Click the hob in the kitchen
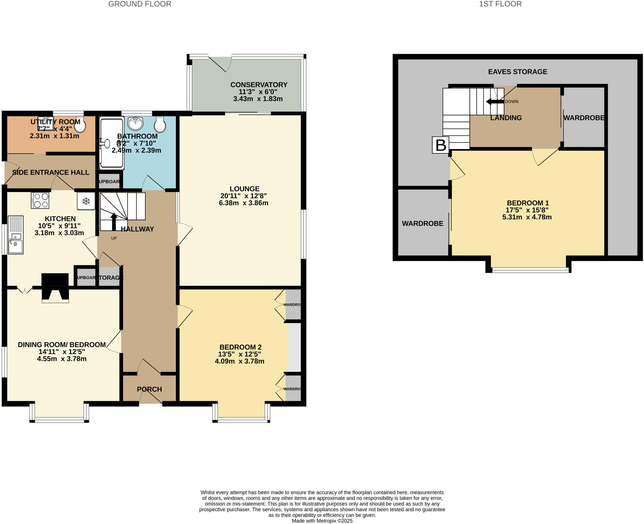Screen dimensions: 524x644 [40, 200]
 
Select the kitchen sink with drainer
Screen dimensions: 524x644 [15, 234]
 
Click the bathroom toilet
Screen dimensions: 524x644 [160, 125]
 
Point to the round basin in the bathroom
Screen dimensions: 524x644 [136, 123]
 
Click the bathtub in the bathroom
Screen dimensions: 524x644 [111, 143]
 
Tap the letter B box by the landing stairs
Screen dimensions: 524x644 [440, 145]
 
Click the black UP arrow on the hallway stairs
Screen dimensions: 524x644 [114, 221]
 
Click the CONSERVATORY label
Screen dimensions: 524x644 [258, 85]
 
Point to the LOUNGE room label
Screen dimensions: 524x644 [244, 189]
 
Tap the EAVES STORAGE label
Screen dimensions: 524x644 [517, 72]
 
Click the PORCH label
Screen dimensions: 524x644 [149, 389]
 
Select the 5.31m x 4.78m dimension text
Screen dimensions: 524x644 [527, 217]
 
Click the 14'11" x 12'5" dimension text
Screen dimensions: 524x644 [61, 352]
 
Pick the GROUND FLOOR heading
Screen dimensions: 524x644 [140, 4]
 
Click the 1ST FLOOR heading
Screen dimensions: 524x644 [500, 4]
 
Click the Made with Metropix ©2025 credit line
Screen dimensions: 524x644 [322, 521]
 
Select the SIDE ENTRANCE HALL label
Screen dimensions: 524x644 [51, 172]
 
